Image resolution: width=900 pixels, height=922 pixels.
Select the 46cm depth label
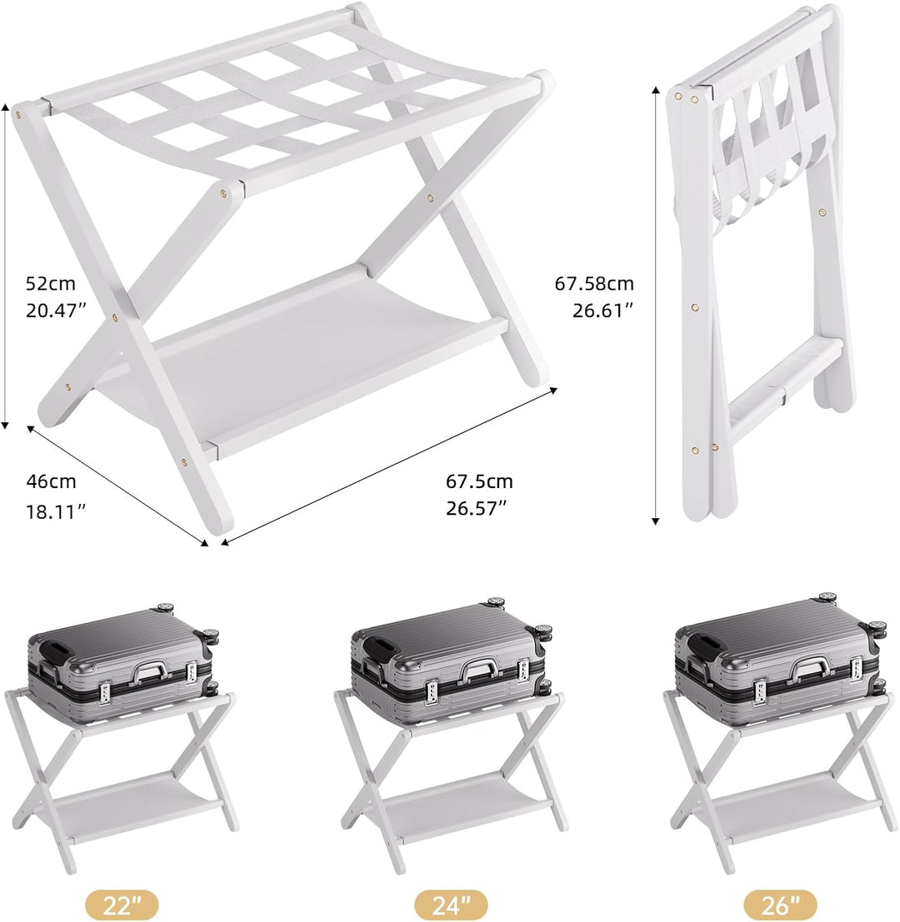51,481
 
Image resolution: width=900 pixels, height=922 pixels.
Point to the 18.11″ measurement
56,511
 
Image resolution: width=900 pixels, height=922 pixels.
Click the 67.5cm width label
479,481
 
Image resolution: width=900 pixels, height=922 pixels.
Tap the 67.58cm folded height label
594,283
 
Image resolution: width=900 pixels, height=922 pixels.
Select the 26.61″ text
602,311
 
